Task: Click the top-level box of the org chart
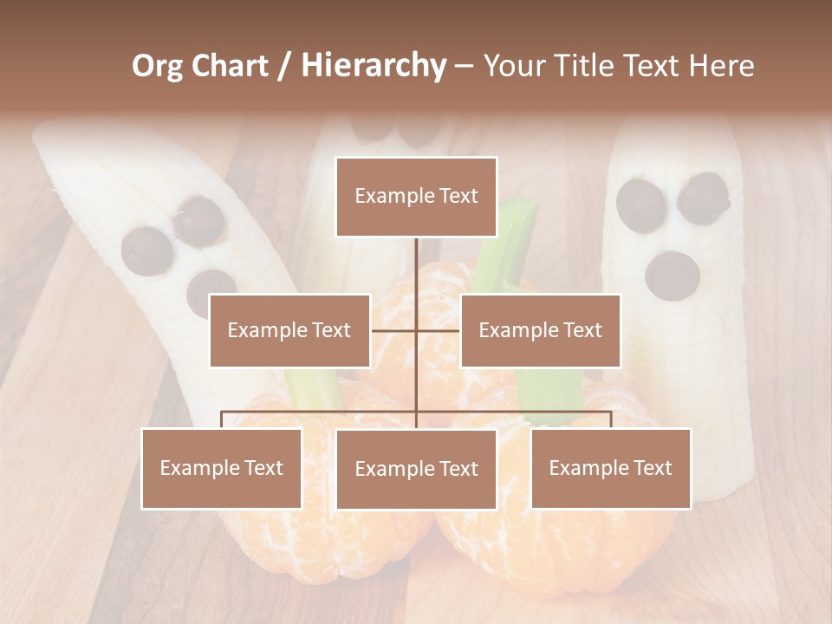[416, 197]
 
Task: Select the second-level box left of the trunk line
[289, 330]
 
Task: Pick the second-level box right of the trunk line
[540, 330]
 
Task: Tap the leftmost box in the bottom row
[222, 468]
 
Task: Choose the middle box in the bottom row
[416, 469]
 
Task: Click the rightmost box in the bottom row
[610, 468]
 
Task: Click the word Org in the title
[157, 66]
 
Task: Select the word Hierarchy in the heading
[373, 66]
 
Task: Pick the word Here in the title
[720, 66]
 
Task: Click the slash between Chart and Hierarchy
[284, 66]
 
